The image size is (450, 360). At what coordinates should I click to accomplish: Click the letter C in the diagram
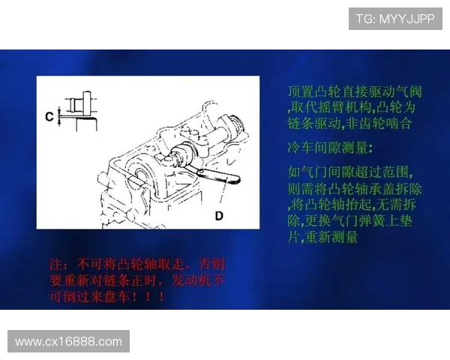49,116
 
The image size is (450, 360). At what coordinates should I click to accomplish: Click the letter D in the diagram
219,216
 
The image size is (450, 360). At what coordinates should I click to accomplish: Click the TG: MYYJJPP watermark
394,19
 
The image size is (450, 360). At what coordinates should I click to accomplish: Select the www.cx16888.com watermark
68,341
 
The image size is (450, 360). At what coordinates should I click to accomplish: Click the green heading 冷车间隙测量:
330,145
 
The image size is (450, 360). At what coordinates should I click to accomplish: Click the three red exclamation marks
153,298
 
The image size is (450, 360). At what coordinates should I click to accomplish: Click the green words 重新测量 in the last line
331,237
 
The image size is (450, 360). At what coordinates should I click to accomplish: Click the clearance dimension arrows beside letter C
60,116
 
